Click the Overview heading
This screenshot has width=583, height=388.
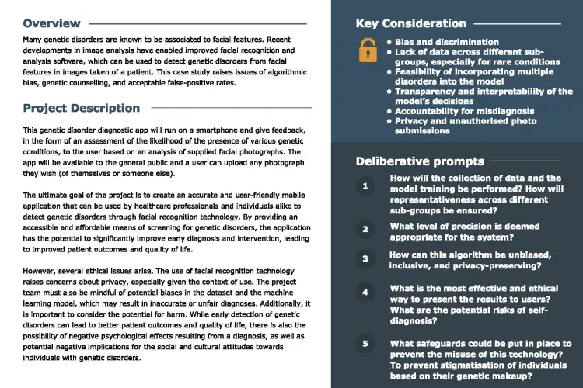[x=51, y=23]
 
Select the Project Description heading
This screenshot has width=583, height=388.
[x=82, y=108]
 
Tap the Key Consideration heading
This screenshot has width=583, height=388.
[x=411, y=23]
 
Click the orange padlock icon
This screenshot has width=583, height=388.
[x=367, y=50]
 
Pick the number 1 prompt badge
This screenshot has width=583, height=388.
[x=365, y=187]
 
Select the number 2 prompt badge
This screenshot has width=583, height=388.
[x=365, y=229]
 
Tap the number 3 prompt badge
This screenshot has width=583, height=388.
[x=365, y=259]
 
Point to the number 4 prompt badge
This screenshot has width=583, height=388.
[x=365, y=293]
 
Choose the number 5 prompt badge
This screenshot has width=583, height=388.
[x=365, y=343]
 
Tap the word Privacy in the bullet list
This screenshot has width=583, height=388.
[x=411, y=121]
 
